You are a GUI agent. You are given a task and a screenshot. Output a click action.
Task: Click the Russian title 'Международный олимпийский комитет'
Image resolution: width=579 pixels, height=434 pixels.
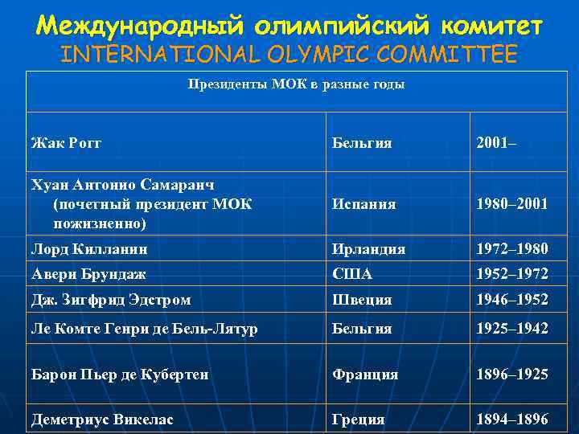coord(289,25)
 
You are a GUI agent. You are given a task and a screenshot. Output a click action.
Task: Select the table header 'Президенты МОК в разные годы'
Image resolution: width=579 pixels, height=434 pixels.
coord(296,84)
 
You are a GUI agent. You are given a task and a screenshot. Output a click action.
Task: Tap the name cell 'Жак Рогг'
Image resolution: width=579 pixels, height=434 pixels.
coord(66,143)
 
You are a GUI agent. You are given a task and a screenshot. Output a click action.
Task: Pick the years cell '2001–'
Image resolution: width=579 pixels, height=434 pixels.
coord(496,143)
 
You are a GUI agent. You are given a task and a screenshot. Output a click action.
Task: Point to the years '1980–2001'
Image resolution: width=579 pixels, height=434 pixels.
coord(512,204)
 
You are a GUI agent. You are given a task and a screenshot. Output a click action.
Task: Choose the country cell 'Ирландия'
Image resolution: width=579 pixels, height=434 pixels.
coord(369,249)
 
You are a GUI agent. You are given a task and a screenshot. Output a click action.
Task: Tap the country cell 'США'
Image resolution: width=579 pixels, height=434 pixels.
coord(352,273)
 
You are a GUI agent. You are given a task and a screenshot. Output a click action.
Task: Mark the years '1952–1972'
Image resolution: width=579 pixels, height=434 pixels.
coord(512,273)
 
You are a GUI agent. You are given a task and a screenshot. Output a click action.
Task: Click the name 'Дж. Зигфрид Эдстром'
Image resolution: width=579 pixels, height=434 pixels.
coord(111,300)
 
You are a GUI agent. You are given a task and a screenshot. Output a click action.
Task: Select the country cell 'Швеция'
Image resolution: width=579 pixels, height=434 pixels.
coord(362,300)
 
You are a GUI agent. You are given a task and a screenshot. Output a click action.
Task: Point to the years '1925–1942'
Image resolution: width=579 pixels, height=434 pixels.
coord(512,328)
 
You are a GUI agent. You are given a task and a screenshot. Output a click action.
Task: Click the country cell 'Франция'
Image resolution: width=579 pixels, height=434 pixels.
coord(366,375)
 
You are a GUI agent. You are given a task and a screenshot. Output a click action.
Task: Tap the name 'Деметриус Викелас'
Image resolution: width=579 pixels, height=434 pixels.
coord(101,419)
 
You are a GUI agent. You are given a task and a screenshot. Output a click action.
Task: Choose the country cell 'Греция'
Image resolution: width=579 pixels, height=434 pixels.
coord(359,419)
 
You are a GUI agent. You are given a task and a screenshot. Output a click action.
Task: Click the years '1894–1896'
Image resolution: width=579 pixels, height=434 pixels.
coord(512,419)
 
